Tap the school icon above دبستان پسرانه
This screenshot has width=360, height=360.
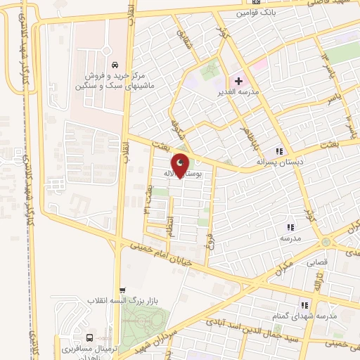point(279,150)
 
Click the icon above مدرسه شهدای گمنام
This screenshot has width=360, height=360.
point(304,305)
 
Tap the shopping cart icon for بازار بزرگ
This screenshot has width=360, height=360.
point(124,289)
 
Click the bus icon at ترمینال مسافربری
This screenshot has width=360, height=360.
point(89,337)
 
